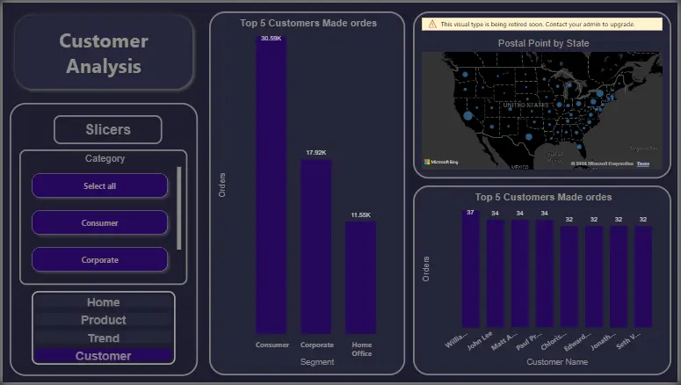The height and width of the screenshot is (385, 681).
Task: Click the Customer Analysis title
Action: [104, 53]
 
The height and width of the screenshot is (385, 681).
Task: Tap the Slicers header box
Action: [108, 129]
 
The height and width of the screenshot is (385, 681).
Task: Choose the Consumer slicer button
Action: [99, 223]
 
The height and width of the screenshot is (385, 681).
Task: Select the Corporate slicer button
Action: [99, 260]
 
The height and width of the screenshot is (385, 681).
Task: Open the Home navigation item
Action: [103, 302]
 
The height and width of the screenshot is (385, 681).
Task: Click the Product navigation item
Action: [103, 320]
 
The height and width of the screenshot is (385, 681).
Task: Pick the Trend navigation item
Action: [103, 338]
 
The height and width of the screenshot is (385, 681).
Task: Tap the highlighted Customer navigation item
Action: [103, 356]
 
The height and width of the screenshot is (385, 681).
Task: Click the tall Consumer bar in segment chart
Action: [272, 185]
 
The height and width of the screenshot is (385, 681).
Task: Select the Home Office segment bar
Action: [360, 277]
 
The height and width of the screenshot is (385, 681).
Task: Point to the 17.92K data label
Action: [315, 153]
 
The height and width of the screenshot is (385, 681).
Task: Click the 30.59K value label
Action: [272, 39]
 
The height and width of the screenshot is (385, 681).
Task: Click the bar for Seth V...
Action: [643, 277]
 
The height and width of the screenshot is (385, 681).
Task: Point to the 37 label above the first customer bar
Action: [471, 213]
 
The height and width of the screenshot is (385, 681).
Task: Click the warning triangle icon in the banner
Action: [432, 25]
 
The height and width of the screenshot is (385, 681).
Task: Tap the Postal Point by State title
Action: [543, 43]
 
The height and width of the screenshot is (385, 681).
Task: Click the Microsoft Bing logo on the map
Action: [441, 162]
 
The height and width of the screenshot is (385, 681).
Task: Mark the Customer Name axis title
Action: [556, 361]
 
